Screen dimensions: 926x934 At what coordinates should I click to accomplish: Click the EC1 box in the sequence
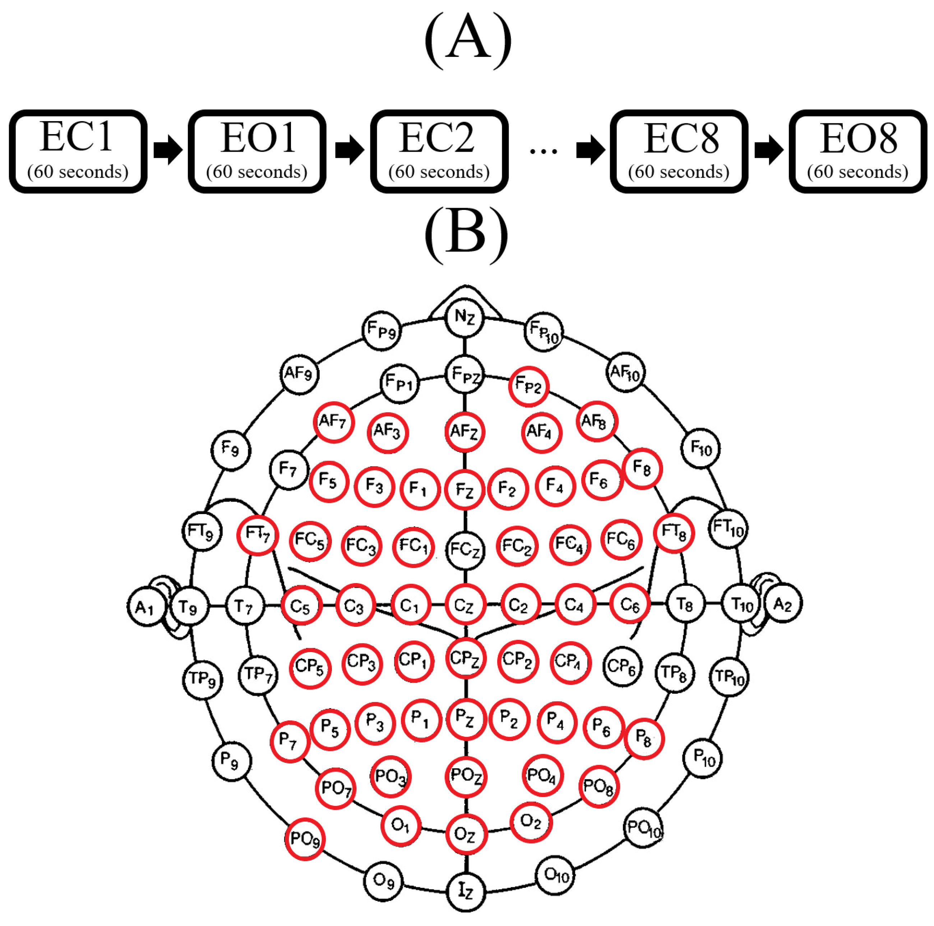pos(78,151)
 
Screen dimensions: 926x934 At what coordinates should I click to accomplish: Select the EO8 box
pos(857,151)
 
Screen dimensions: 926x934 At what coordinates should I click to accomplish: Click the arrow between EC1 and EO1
pos(167,150)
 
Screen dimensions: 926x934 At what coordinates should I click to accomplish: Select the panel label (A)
pos(467,41)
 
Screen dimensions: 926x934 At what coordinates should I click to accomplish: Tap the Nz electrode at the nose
pos(464,317)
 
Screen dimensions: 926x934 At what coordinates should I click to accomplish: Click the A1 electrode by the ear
pos(145,607)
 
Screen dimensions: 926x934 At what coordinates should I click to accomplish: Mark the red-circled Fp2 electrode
pos(528,386)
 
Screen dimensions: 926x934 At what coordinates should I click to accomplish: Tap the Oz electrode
pos(466,834)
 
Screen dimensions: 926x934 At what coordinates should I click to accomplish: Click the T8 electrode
pos(685,604)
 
